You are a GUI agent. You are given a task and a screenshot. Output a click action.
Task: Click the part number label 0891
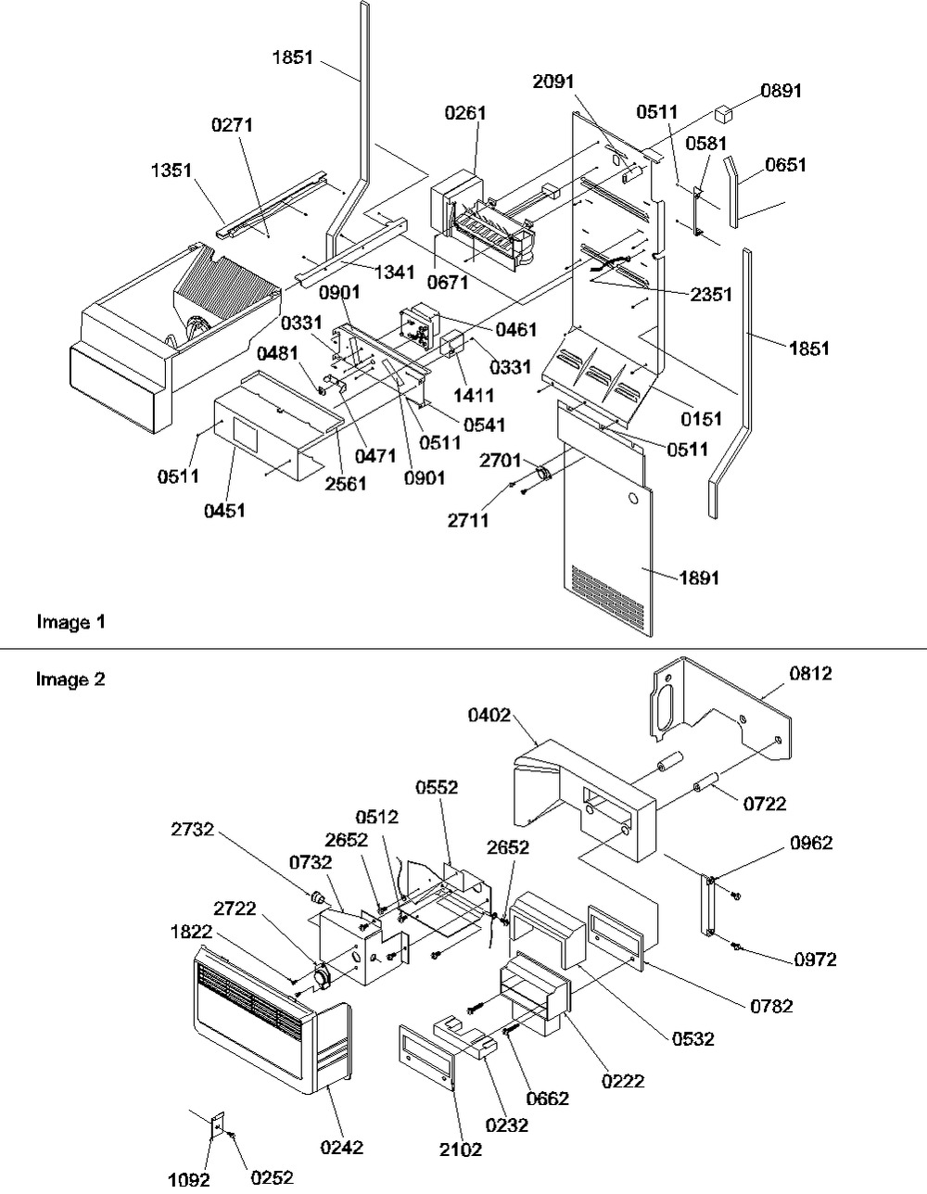coord(781,91)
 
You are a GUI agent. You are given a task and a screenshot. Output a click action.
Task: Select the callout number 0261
coord(465,113)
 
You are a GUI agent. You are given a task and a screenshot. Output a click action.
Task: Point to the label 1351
coord(171,171)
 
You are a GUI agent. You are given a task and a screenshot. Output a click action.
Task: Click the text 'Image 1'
coord(70,622)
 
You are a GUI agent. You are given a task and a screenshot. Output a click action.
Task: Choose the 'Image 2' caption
coord(70,680)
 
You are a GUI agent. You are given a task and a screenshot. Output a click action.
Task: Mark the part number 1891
coord(699,578)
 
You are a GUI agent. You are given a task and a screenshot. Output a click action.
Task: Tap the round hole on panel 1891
coord(632,500)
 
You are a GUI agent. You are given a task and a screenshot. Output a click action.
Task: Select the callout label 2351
coord(712,295)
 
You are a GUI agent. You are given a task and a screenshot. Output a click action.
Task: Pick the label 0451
coord(224,511)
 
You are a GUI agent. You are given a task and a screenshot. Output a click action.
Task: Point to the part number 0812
coord(811,674)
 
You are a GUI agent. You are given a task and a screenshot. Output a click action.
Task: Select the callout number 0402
coord(489,715)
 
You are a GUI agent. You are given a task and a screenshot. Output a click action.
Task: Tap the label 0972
coord(816,959)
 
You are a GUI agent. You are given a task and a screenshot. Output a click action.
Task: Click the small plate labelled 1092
coord(218,1124)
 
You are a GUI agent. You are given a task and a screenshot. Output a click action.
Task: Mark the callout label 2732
coord(192,829)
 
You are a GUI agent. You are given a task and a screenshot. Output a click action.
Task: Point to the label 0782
coord(772,1006)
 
